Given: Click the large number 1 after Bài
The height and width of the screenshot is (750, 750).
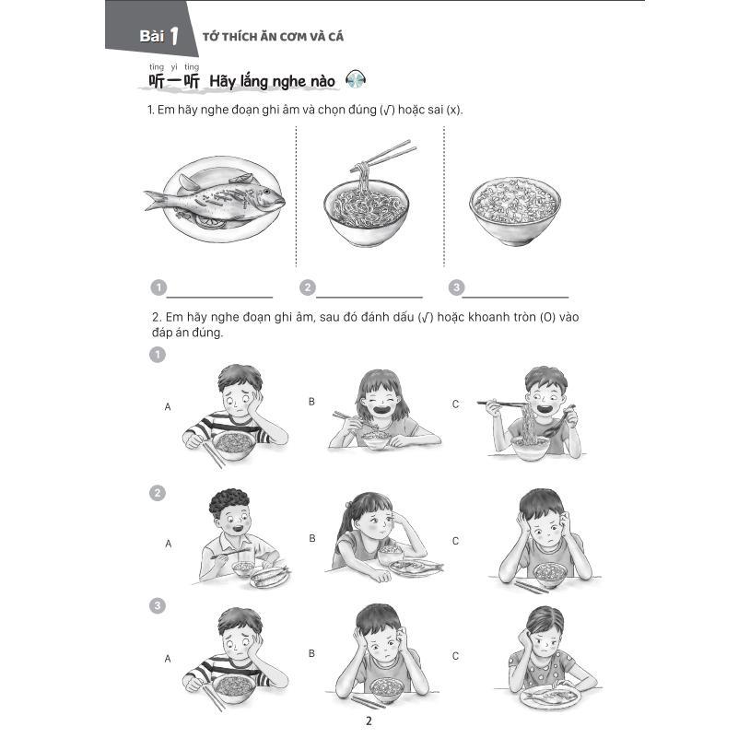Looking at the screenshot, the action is (174, 36).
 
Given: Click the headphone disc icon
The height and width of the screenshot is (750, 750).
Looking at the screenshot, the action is (356, 79).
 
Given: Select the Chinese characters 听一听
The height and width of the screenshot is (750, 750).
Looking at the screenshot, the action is (173, 81).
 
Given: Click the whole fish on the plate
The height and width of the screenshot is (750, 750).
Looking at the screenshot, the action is (215, 198).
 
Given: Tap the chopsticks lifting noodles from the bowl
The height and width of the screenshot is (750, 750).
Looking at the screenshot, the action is (383, 155).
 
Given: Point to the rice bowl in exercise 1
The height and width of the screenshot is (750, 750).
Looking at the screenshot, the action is (514, 211).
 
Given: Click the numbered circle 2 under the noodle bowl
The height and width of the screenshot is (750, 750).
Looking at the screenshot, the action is (308, 287).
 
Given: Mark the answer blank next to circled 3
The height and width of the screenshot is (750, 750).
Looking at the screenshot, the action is (515, 297).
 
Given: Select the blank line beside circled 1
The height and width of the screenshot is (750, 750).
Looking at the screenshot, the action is (219, 297).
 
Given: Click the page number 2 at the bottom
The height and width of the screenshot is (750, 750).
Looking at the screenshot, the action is (369, 721).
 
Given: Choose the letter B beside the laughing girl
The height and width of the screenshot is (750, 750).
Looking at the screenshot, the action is (311, 402).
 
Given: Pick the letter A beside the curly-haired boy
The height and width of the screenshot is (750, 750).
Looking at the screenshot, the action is (169, 544).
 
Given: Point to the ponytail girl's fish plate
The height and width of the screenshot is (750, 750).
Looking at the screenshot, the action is (416, 568).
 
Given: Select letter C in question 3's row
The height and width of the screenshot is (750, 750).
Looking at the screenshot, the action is (455, 656).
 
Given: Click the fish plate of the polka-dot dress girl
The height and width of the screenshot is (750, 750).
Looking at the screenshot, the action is (550, 697).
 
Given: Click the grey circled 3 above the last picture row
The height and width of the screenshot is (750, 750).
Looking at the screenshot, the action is (158, 606).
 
